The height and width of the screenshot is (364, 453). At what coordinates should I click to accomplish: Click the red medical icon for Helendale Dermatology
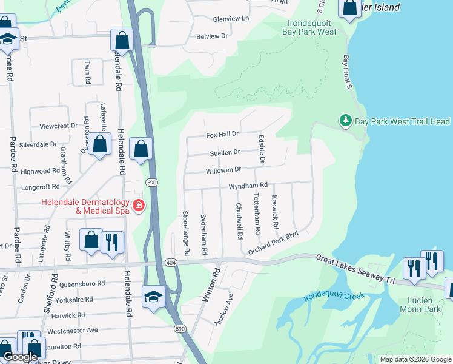(139, 206)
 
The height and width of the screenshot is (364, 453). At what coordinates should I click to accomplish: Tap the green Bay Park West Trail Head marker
(345, 121)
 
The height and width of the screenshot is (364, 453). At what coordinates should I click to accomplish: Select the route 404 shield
(172, 262)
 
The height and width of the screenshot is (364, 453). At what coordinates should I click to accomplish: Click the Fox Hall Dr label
(222, 134)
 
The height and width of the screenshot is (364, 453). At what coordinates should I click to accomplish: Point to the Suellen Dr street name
(224, 152)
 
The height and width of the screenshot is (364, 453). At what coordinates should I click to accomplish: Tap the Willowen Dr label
(223, 170)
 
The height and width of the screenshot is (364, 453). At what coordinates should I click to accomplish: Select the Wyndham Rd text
(248, 185)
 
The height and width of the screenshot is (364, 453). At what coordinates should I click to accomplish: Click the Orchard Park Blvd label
(273, 241)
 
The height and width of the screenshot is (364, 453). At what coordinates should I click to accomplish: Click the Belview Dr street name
(212, 36)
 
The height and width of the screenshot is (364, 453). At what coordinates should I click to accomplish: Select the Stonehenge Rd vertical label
(187, 233)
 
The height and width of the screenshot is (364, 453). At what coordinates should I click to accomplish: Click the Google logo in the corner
(21, 357)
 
